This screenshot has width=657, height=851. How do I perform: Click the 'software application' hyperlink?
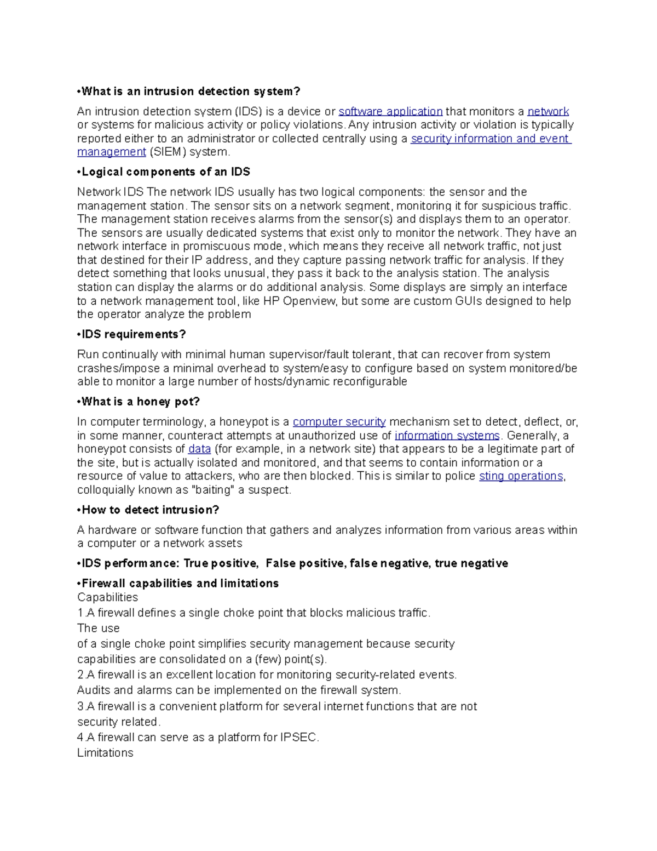[x=390, y=111]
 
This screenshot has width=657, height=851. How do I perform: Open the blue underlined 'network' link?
[x=548, y=111]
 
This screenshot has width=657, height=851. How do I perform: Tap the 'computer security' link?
[x=339, y=422]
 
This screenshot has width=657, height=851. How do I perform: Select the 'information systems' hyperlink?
[x=447, y=436]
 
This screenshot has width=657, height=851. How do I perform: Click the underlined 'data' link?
[x=199, y=449]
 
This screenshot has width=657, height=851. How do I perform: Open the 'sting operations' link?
[x=521, y=476]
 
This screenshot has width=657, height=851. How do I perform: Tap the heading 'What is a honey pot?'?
[x=140, y=402]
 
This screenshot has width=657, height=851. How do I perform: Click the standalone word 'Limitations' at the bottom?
[x=105, y=753]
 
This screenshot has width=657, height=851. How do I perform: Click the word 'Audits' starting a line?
[x=94, y=690]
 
